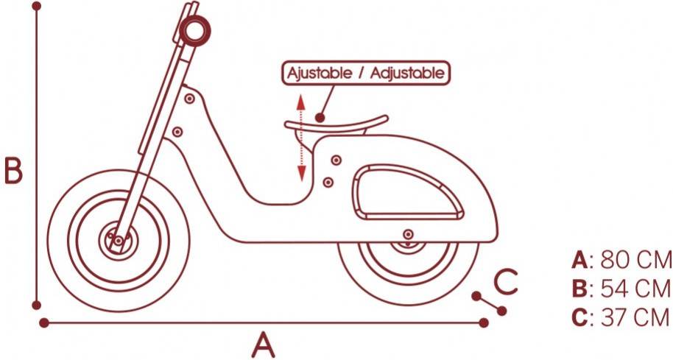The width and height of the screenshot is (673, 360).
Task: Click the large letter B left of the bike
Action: pos(13,171)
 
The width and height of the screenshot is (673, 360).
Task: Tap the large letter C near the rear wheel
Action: pos(505,281)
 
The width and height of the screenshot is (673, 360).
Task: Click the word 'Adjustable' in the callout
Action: pos(407,74)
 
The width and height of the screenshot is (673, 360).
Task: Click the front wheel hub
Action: pos(117,239)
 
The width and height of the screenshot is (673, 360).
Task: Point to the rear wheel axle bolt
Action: pos(406,235)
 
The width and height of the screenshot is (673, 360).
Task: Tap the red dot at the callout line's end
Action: pos(320,116)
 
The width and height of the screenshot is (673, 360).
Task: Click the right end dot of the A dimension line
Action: pos(484,322)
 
